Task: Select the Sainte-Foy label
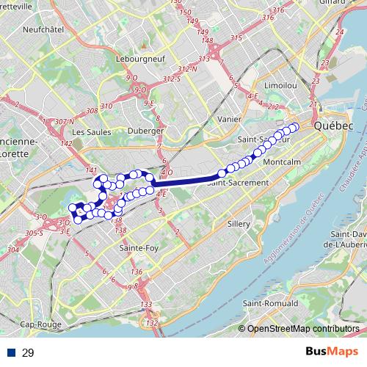tap(135, 249)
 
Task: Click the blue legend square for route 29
tap(12, 352)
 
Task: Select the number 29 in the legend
tap(28, 352)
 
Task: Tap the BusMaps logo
tap(333, 352)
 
